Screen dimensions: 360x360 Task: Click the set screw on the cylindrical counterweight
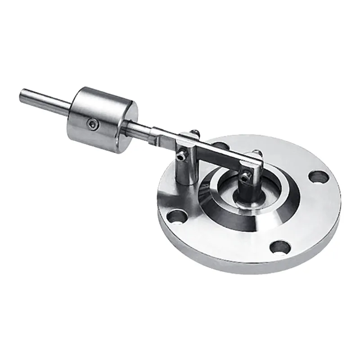click(93, 122)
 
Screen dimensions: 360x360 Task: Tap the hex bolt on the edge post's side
click(180, 155)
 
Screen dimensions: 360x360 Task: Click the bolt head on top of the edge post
click(194, 131)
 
